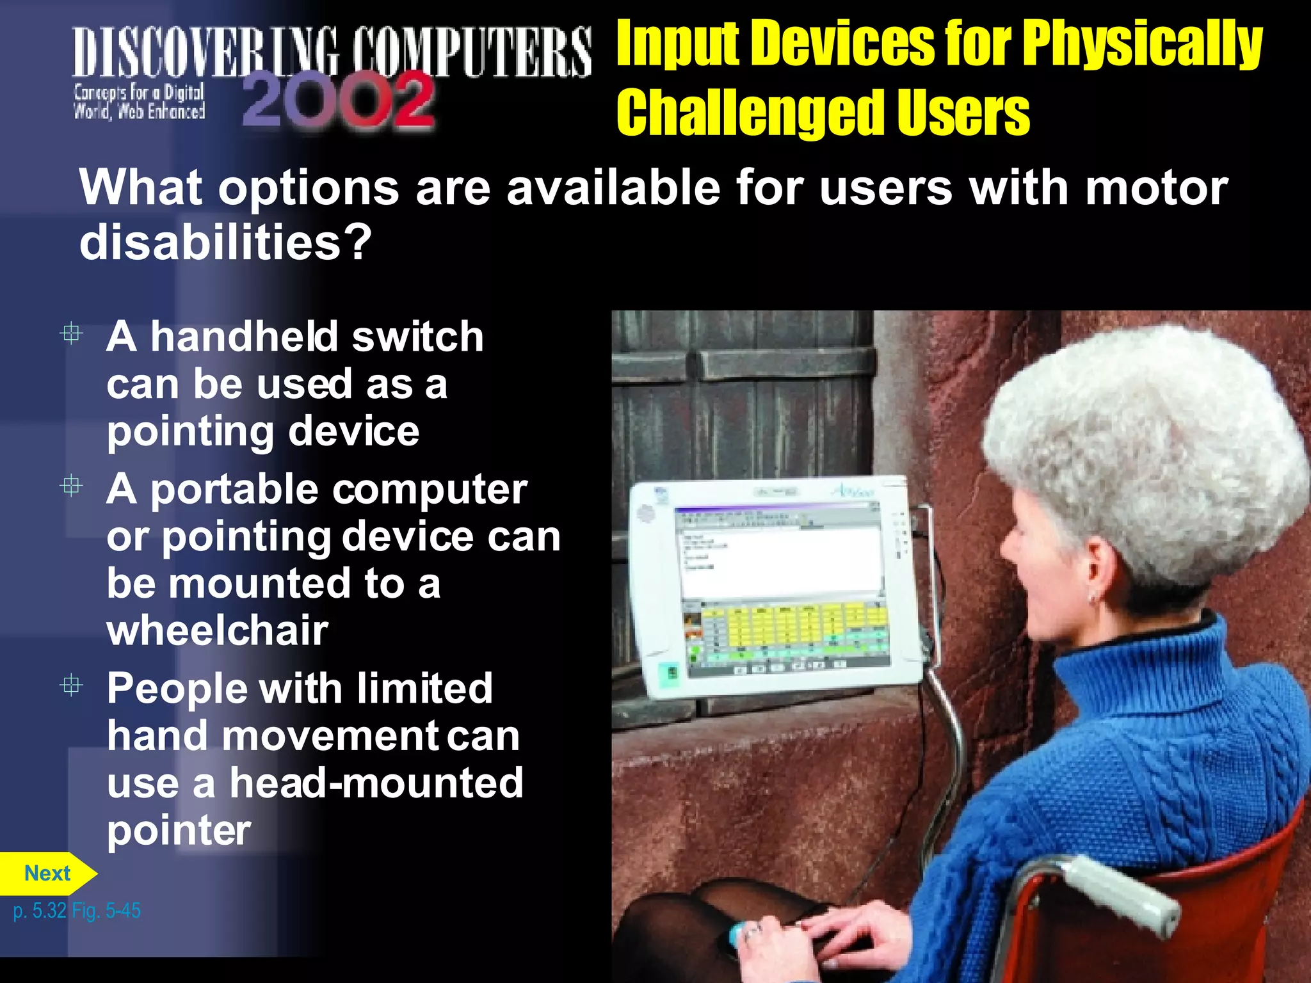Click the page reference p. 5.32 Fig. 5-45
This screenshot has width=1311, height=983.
(x=77, y=911)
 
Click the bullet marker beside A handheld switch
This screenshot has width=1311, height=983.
(x=71, y=333)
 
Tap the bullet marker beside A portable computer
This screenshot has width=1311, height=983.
(x=71, y=486)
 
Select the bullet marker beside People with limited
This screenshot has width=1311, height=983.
(x=71, y=685)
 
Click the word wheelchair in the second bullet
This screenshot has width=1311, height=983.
(x=218, y=631)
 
